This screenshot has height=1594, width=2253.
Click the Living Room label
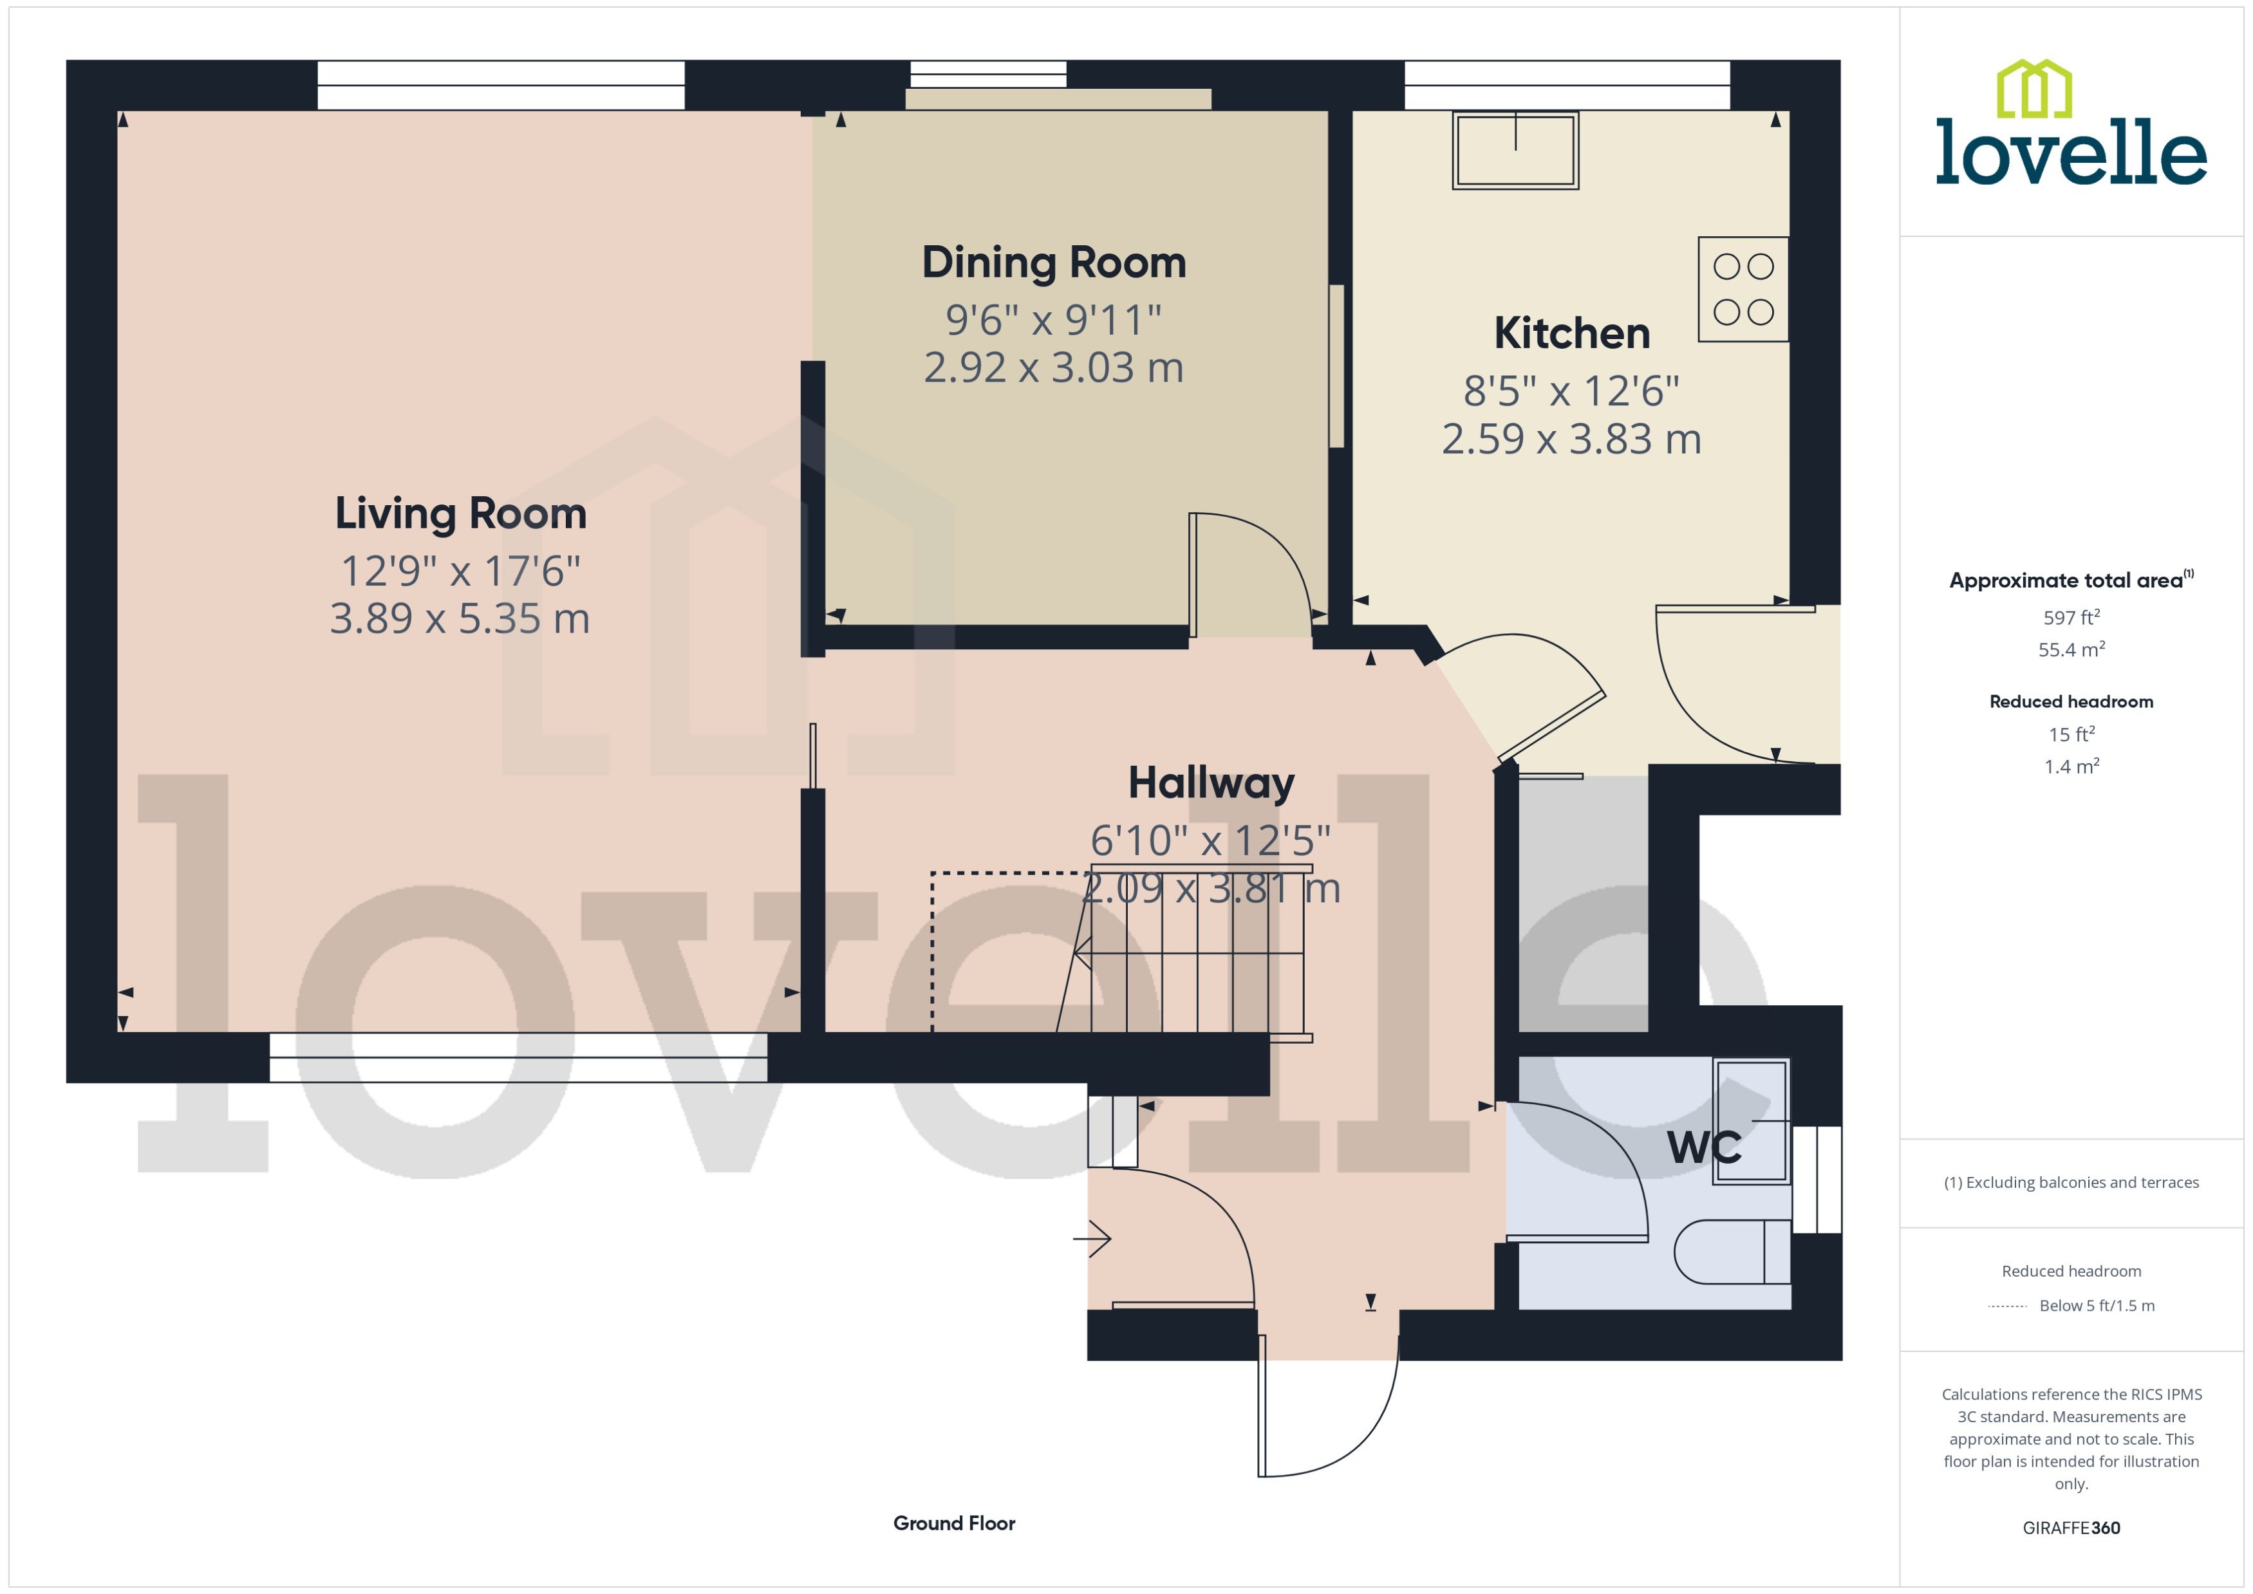pos(460,514)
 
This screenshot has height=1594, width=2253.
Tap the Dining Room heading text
pos(1053,263)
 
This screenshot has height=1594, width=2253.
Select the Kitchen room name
pos(1571,334)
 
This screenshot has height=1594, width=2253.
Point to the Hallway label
pos(1210,783)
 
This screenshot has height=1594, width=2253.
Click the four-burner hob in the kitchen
pos(1743,290)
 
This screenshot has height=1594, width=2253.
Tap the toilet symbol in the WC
pos(1731,1252)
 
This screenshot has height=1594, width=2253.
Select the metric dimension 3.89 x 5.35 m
pos(460,619)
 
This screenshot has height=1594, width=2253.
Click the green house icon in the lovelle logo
pos(2034,89)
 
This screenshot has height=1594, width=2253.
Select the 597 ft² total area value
pos(2070,617)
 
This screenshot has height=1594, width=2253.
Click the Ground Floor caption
pos(953,1523)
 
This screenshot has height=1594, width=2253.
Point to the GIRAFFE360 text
pos(2070,1528)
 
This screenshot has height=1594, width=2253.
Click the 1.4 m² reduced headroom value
pos(2070,766)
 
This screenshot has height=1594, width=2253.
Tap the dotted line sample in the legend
pos(2006,1306)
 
